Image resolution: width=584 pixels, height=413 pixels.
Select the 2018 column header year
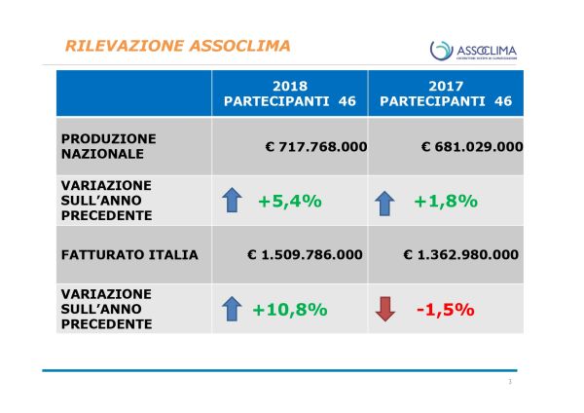[x=290, y=85]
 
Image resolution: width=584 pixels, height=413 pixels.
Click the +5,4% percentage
[x=289, y=202]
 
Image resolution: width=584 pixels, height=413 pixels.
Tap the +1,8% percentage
[x=445, y=202]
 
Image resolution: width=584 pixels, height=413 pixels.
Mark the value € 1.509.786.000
[x=304, y=255]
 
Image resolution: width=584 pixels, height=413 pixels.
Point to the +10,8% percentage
[x=289, y=310]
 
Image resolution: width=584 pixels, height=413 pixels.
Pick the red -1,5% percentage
[x=444, y=310]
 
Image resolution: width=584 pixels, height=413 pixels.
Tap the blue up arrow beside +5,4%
[x=232, y=202]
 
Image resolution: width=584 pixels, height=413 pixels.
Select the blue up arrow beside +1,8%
[x=386, y=203]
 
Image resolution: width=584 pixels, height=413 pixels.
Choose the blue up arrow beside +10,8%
[x=232, y=310]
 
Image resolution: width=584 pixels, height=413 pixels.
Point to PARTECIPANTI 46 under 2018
[x=290, y=100]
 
